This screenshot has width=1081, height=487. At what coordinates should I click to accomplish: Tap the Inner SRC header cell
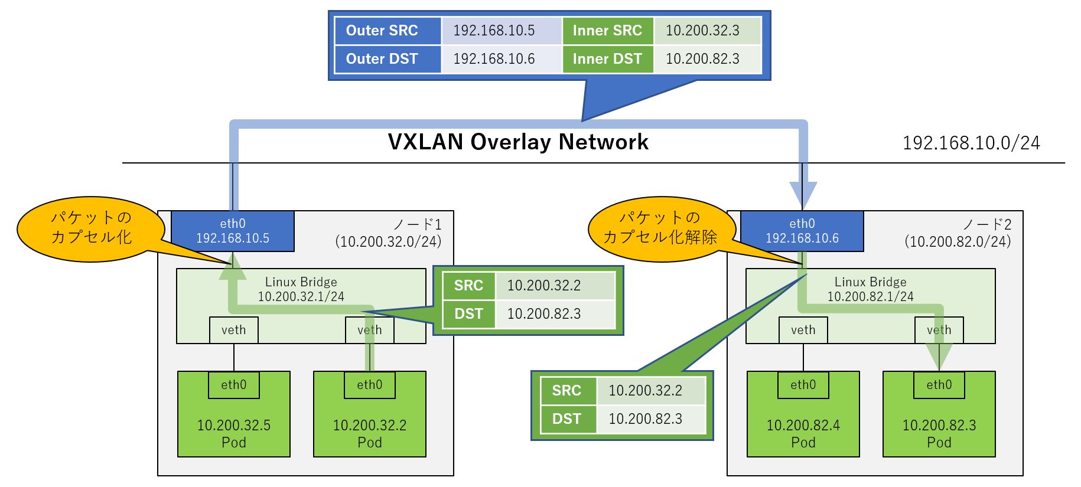[608, 31]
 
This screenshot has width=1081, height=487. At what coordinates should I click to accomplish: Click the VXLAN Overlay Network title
[518, 142]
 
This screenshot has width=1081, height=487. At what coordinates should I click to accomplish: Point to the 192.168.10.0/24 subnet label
[971, 143]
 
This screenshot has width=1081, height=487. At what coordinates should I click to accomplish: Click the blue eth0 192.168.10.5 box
[233, 231]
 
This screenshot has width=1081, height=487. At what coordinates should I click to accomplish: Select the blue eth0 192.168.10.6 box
[802, 231]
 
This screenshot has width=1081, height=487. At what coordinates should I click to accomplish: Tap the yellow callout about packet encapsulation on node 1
[91, 228]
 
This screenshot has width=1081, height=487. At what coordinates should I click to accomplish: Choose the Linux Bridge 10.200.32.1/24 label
[301, 289]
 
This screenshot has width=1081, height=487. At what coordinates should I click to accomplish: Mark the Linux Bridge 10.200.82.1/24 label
[871, 289]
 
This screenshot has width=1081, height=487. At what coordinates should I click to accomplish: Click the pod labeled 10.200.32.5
[234, 414]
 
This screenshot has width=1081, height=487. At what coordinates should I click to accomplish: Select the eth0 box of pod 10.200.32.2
[370, 385]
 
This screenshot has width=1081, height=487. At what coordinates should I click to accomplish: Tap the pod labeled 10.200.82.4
[803, 414]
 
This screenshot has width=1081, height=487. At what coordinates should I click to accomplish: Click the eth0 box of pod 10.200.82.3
[939, 385]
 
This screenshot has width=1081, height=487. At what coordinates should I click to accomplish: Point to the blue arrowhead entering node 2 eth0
[803, 195]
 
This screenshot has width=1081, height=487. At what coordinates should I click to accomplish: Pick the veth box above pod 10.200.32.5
[234, 330]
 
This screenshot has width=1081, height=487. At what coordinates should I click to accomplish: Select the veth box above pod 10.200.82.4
[803, 330]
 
